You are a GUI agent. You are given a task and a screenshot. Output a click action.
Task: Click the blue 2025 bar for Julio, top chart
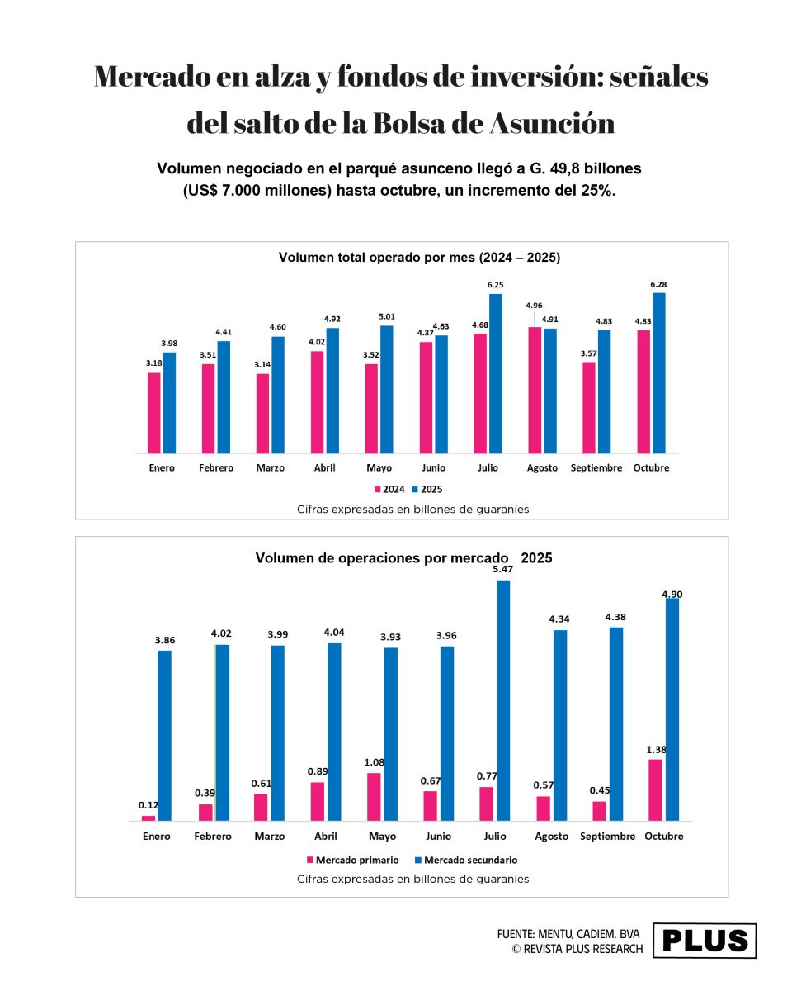coord(495,373)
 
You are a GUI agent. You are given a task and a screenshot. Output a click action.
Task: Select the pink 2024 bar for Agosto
coord(535,390)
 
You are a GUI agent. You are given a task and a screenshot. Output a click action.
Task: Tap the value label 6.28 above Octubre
coord(658,285)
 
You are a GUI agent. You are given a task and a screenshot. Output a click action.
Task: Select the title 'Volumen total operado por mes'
coord(419,258)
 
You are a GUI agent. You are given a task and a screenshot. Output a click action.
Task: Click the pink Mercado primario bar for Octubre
coord(655,789)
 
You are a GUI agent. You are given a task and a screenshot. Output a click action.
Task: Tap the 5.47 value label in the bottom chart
coord(502,569)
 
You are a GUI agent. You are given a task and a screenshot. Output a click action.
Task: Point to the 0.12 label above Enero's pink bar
coord(148,805)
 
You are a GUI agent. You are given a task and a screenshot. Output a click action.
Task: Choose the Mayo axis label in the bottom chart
coord(383,836)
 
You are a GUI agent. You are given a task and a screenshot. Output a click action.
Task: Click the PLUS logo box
coord(705,941)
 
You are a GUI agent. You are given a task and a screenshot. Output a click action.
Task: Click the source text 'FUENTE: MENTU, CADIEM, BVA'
coord(568,934)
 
